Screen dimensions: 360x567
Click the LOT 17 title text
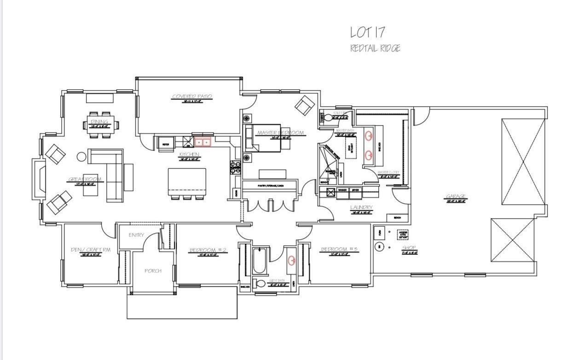click(367, 32)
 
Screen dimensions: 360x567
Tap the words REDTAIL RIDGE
click(375, 48)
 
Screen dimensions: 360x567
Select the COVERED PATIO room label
click(192, 97)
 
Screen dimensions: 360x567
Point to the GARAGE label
click(455, 197)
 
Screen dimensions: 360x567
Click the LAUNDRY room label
click(361, 208)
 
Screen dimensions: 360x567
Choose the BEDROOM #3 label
click(339, 250)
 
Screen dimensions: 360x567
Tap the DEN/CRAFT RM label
click(90, 250)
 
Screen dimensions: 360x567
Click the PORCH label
click(153, 271)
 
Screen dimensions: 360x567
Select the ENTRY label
click(136, 235)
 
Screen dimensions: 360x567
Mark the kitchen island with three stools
click(187, 181)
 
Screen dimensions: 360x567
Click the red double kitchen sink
click(202, 142)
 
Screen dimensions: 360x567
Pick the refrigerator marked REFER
click(165, 144)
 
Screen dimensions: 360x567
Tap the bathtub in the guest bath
click(260, 261)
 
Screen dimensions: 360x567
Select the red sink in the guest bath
click(291, 261)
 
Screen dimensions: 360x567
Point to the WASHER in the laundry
click(342, 190)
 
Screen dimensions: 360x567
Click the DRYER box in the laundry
click(355, 190)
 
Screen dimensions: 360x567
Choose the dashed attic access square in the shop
click(403, 234)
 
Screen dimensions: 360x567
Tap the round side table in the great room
click(81, 157)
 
